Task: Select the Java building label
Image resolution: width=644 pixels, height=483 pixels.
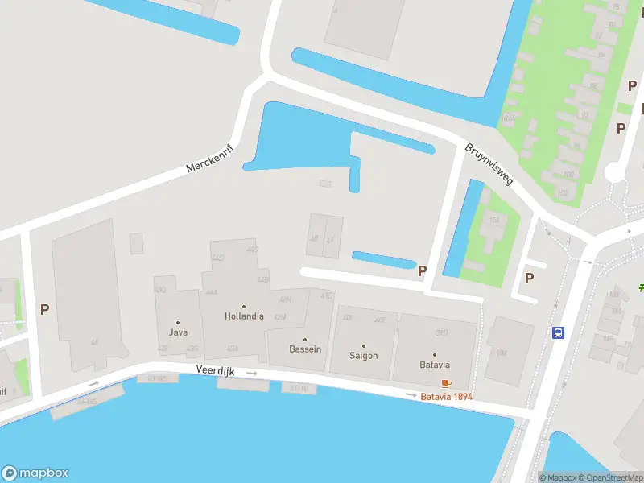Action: click(x=178, y=332)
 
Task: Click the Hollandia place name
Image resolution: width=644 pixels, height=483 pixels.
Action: click(x=244, y=316)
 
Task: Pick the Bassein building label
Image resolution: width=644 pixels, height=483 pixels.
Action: click(x=305, y=349)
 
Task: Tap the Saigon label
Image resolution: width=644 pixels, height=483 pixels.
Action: click(x=363, y=356)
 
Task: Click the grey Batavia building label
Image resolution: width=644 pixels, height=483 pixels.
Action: click(x=434, y=365)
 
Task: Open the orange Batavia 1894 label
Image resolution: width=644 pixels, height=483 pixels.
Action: click(x=446, y=397)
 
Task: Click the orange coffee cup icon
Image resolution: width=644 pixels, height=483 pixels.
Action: click(x=445, y=383)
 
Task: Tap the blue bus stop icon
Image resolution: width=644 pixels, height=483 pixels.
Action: click(x=557, y=332)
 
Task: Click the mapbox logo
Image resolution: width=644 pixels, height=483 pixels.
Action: click(x=35, y=473)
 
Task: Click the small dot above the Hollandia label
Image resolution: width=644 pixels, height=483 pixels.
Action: click(x=244, y=306)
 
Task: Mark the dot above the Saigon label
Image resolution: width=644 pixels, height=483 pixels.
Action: click(x=363, y=346)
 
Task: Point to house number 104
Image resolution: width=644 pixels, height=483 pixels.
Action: click(x=493, y=220)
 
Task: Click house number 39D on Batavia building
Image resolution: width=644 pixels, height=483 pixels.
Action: click(x=441, y=332)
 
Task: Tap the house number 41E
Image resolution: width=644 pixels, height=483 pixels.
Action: click(x=327, y=295)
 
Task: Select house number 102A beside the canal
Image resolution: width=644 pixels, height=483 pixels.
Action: click(x=508, y=118)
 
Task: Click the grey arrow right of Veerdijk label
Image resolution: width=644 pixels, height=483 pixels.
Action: click(x=252, y=374)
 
